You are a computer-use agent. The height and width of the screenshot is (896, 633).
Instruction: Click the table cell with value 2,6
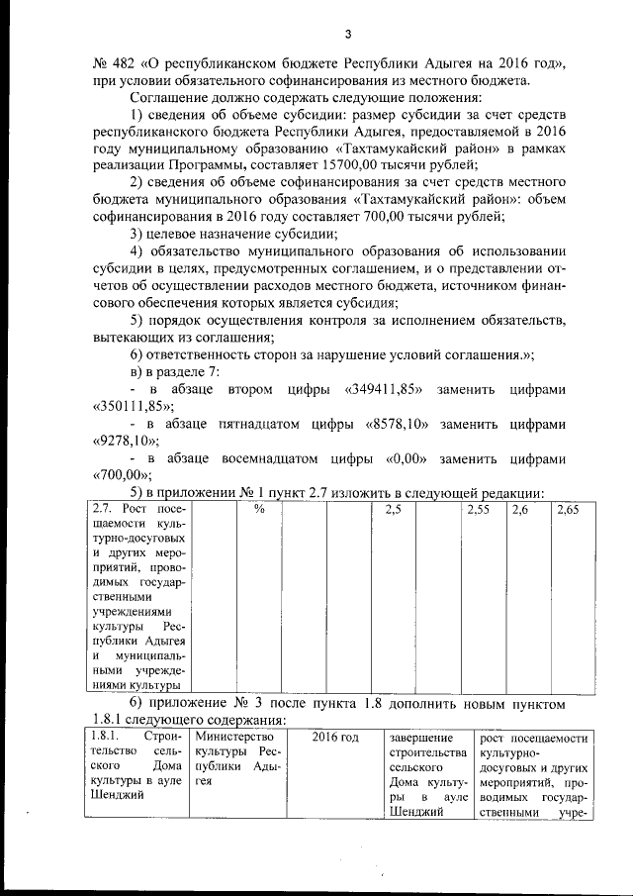pos(521,509)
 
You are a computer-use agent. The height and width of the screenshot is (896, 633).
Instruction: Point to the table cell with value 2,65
pos(568,509)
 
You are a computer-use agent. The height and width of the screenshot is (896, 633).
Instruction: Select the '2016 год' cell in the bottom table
pos(335,738)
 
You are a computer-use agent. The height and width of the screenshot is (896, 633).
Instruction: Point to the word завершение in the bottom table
pos(421,738)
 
